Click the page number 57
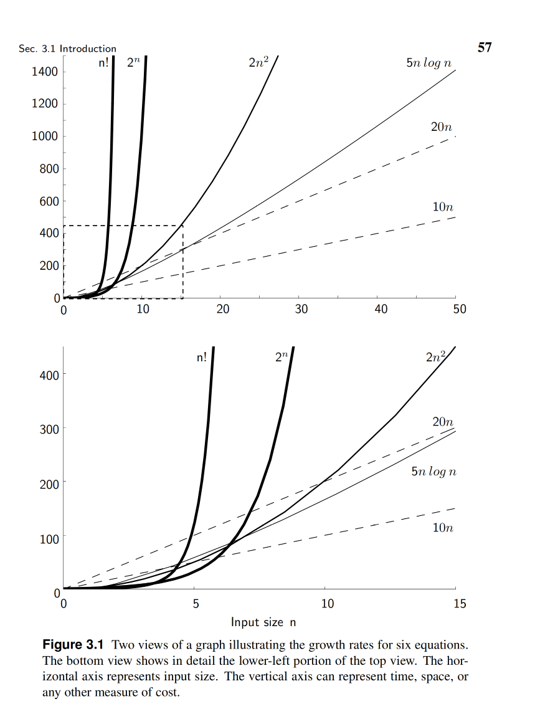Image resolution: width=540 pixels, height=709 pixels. [x=484, y=47]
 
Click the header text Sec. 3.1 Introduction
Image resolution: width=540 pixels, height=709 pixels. [x=67, y=49]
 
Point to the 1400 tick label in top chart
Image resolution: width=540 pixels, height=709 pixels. [x=44, y=72]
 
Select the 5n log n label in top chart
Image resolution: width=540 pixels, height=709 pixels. [x=428, y=64]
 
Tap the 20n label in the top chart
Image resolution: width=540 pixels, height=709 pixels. [x=441, y=126]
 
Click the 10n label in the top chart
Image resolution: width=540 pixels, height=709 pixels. [x=442, y=207]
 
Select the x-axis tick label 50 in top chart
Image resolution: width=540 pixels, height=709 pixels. [x=459, y=310]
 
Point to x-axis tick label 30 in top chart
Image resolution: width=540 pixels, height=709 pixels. [x=301, y=310]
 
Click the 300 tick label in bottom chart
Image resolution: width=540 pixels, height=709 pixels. [x=49, y=429]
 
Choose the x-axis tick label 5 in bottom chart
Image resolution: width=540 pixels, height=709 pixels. [x=195, y=603]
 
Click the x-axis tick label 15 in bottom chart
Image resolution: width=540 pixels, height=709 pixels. [x=459, y=603]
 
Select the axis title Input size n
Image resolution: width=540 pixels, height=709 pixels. [x=263, y=622]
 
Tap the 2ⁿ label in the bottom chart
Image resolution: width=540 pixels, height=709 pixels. [x=282, y=358]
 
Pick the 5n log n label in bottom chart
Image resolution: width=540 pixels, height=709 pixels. [x=433, y=472]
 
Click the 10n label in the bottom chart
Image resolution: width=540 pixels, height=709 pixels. [x=442, y=528]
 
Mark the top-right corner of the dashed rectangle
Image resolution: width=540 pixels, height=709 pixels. [x=182, y=226]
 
